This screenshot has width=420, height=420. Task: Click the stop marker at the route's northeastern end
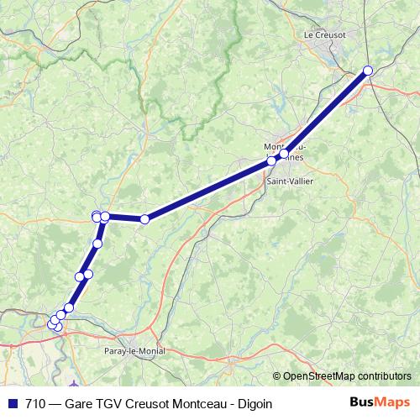(367, 71)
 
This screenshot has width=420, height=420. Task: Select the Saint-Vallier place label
(286, 181)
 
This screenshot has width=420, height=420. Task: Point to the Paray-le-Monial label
(134, 351)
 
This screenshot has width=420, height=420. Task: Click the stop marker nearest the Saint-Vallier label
(271, 160)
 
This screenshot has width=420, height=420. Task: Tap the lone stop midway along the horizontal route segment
(144, 219)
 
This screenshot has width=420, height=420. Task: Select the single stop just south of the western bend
(97, 244)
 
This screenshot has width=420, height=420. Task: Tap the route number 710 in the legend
(35, 403)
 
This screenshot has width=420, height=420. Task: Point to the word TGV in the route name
(110, 403)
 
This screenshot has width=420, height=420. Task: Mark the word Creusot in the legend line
(147, 403)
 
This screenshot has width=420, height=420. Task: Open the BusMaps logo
(381, 402)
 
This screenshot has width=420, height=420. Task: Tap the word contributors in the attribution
(383, 376)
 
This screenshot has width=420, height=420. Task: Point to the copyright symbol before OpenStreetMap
(276, 376)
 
